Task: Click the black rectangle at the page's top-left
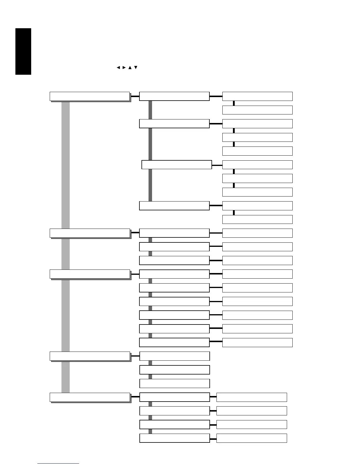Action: [x=23, y=51]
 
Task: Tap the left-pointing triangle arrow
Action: [x=118, y=68]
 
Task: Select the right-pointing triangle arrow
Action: [x=124, y=68]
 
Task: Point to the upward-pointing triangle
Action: [x=130, y=68]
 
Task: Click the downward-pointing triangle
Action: [x=136, y=68]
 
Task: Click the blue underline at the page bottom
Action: [x=58, y=463]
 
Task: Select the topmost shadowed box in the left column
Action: [x=90, y=96]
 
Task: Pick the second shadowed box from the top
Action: [x=90, y=233]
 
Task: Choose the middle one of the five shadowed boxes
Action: [x=90, y=274]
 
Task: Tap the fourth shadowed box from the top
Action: [x=90, y=356]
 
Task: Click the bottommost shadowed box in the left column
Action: [x=90, y=397]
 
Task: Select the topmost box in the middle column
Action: [x=174, y=96]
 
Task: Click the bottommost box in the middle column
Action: [x=174, y=438]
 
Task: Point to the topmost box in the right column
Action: [x=257, y=96]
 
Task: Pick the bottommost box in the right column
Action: [x=251, y=438]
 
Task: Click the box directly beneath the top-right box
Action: [x=257, y=110]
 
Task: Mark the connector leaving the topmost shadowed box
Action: [x=135, y=96]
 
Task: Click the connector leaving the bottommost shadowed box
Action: [x=135, y=397]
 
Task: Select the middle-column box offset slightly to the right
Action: [x=176, y=165]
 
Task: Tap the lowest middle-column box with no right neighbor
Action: [x=174, y=383]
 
